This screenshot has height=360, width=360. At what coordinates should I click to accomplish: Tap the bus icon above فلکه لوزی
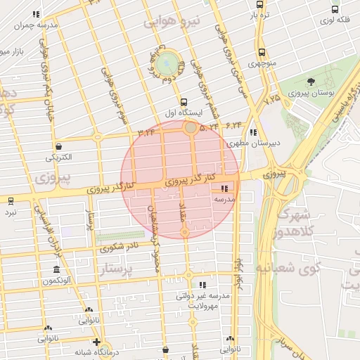tap(335, 10)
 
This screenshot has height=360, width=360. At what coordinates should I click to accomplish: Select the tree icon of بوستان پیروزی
tap(311, 83)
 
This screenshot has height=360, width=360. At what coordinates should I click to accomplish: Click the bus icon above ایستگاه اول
tap(184, 101)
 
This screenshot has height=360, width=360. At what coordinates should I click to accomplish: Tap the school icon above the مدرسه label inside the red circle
tap(224, 188)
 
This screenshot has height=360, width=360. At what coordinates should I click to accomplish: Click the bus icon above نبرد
tap(10, 200)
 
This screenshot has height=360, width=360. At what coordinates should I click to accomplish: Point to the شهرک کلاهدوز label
tap(309, 222)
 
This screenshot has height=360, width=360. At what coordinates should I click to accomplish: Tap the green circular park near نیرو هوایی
tap(167, 63)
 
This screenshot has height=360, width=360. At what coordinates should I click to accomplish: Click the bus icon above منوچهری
tap(262, 52)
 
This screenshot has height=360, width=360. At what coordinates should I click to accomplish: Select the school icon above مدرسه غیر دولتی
tap(202, 285)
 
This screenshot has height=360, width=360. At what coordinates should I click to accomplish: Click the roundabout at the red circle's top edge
tap(191, 128)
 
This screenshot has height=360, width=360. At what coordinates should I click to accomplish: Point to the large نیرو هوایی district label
tap(172, 22)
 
